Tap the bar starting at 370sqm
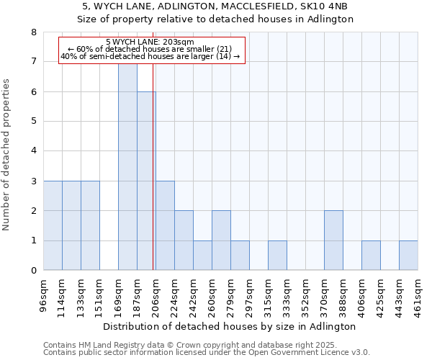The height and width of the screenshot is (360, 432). (333, 240)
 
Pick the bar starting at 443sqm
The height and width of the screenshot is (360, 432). (408, 256)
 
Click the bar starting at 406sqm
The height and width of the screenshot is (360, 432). (371, 256)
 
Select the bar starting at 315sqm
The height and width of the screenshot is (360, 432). (277, 256)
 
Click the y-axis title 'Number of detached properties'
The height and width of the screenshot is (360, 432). (7, 155)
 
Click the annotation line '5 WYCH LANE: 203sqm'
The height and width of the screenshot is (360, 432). (150, 42)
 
